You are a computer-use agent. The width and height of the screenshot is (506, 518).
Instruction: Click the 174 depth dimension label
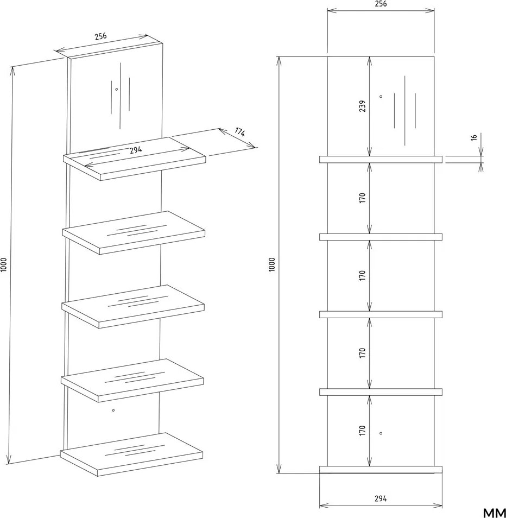click(240, 131)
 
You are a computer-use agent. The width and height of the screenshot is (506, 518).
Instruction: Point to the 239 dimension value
click(362, 106)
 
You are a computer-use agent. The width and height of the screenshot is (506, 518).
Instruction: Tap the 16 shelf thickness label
click(474, 137)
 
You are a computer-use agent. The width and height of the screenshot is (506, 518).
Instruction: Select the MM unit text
click(495, 513)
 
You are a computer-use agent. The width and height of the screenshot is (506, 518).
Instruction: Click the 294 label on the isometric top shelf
click(136, 150)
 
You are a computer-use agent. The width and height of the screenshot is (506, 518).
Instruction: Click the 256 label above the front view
click(381, 4)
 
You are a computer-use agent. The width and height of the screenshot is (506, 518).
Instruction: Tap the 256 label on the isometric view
click(101, 36)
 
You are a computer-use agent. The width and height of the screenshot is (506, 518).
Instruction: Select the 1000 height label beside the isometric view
click(4, 264)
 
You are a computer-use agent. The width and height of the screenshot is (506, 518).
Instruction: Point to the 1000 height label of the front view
click(272, 264)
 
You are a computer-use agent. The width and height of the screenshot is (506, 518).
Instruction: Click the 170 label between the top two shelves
click(362, 198)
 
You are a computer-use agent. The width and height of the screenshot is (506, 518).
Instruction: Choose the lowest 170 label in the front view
click(362, 430)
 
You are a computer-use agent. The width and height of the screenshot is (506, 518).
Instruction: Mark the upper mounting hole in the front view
click(381, 97)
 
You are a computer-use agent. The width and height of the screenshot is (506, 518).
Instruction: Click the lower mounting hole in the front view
click(381, 433)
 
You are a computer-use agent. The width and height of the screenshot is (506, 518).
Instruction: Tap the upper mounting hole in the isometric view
click(117, 89)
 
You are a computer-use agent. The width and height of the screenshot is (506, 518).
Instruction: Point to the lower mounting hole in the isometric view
click(113, 410)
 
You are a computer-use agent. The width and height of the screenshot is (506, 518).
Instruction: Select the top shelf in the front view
click(381, 159)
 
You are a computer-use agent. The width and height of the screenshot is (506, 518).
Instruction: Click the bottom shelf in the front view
click(381, 470)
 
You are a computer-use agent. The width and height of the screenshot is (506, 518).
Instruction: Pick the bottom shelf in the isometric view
click(131, 454)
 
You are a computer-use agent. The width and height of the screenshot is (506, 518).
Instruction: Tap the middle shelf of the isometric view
click(133, 307)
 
